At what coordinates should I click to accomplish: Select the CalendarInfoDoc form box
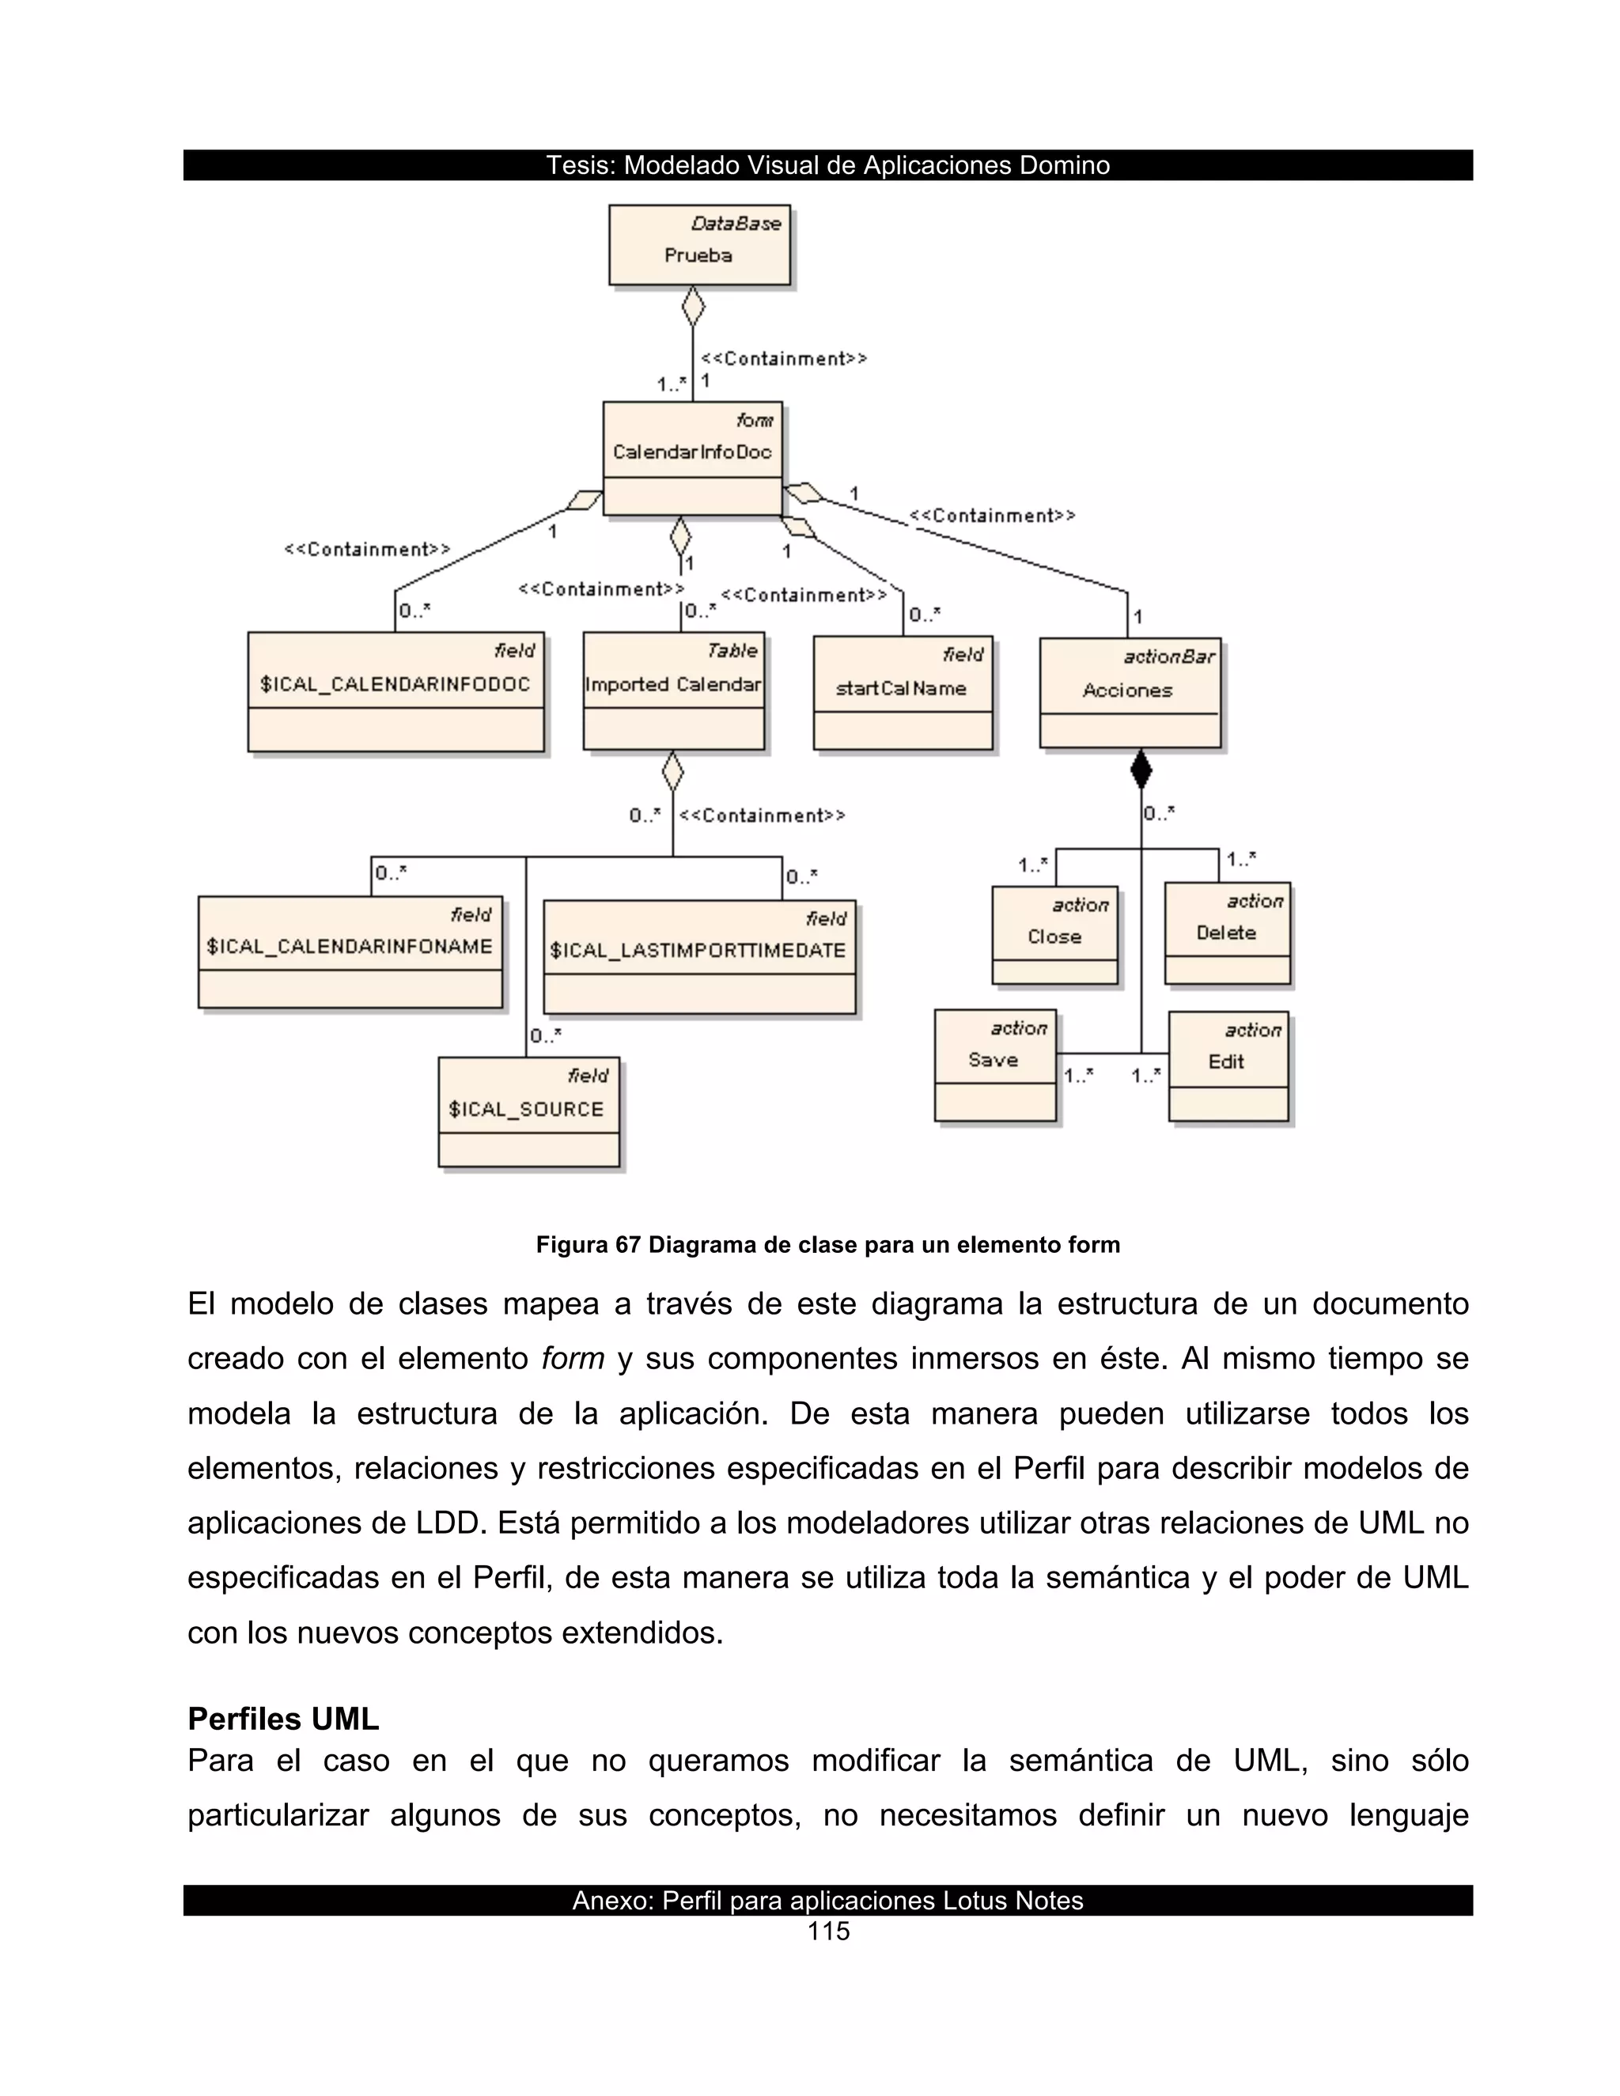coord(692,458)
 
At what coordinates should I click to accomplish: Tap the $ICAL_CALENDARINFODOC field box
coord(396,691)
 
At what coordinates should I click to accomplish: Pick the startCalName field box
coord(902,692)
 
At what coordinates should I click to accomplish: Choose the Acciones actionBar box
coord(1130,692)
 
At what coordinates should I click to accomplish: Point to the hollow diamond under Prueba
coord(693,307)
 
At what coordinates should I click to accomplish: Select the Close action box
coord(1054,935)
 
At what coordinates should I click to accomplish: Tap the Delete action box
coord(1227,933)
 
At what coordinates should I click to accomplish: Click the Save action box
coord(995,1065)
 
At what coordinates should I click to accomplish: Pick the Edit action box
coord(1228,1066)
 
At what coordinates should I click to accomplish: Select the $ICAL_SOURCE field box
coord(529,1112)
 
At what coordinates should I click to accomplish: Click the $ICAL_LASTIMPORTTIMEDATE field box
coord(698,956)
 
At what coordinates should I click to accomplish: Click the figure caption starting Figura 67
coord(827,1245)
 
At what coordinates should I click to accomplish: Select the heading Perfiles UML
coord(283,1718)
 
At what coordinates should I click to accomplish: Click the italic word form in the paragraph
coord(572,1359)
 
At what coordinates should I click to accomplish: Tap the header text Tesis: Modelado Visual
coord(827,165)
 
